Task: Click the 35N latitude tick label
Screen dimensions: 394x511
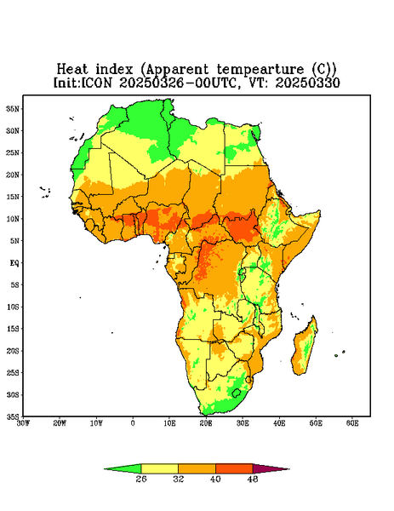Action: click(13, 109)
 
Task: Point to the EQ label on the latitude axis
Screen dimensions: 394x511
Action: click(14, 263)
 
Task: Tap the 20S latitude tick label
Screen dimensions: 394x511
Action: click(13, 351)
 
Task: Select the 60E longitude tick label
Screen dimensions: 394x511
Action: click(352, 423)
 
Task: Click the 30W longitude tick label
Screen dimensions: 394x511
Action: click(23, 423)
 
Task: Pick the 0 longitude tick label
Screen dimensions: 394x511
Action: click(133, 423)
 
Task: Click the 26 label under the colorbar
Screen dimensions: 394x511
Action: click(141, 479)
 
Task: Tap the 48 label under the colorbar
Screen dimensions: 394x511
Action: click(253, 479)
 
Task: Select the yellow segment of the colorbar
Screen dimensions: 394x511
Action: click(159, 468)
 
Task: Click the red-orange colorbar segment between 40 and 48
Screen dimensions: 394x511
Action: click(234, 468)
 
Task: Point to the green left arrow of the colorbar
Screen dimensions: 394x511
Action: click(123, 468)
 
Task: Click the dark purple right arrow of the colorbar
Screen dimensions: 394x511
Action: click(271, 468)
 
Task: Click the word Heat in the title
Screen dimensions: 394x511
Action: click(72, 70)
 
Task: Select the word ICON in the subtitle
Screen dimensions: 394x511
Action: click(96, 83)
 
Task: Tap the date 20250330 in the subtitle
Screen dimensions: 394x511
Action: click(307, 83)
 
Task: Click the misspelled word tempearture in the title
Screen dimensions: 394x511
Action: click(260, 70)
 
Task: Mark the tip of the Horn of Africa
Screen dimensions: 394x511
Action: click(320, 212)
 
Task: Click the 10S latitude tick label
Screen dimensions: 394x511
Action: click(13, 307)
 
